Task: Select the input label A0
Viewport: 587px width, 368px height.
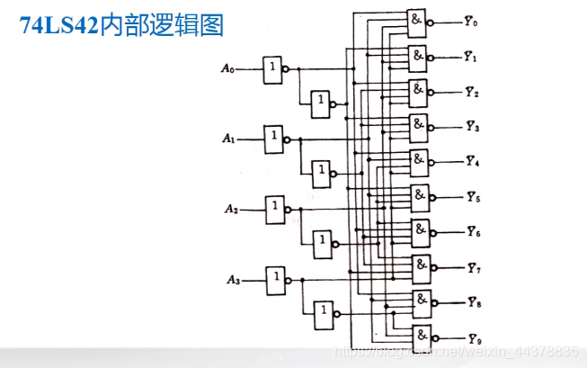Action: coord(227,67)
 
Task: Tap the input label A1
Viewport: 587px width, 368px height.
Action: coord(228,139)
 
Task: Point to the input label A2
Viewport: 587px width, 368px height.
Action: coord(230,209)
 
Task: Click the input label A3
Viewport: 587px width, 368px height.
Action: coord(232,280)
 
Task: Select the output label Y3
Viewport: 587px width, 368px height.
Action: coord(472,127)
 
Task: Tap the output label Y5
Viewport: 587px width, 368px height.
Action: coord(473,196)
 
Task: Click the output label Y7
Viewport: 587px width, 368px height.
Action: coord(474,267)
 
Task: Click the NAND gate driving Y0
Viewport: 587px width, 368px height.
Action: coord(417,22)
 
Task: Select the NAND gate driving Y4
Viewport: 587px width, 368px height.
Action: coord(421,162)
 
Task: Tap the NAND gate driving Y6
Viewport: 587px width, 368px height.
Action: coord(421,232)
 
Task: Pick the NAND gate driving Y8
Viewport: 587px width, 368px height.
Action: coord(422,302)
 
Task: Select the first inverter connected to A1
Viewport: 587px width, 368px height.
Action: coord(274,139)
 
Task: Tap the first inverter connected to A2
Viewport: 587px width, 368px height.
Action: coord(275,209)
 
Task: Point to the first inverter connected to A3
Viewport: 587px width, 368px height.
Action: coord(276,280)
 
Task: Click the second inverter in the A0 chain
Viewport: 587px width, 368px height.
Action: coord(321,104)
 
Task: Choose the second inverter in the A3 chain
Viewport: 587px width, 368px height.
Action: coord(324,315)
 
